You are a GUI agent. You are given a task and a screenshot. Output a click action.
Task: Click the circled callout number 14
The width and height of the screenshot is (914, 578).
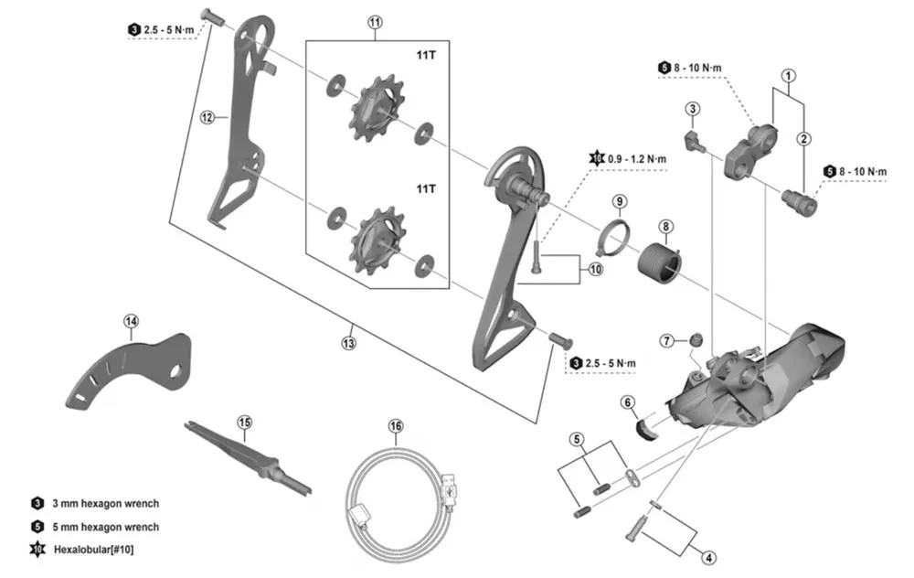click(132, 321)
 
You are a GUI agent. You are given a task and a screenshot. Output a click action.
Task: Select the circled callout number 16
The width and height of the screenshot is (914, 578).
click(395, 425)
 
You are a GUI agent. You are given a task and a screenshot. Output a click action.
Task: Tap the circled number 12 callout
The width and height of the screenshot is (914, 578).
click(207, 117)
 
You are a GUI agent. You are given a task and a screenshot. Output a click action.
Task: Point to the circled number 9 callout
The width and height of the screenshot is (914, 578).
click(619, 200)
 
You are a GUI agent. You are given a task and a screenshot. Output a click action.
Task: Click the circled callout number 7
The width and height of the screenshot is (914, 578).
click(669, 340)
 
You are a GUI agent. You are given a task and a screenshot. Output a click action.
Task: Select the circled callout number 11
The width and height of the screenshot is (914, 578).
click(375, 22)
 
